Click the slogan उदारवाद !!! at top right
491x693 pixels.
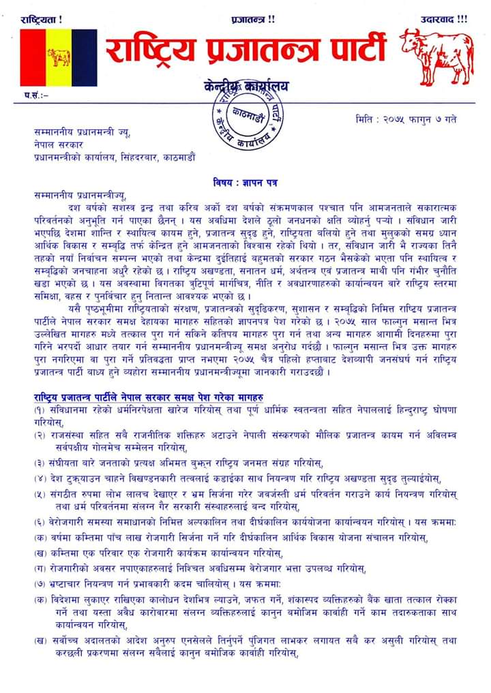click(444, 19)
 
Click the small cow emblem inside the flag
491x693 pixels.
click(59, 57)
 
